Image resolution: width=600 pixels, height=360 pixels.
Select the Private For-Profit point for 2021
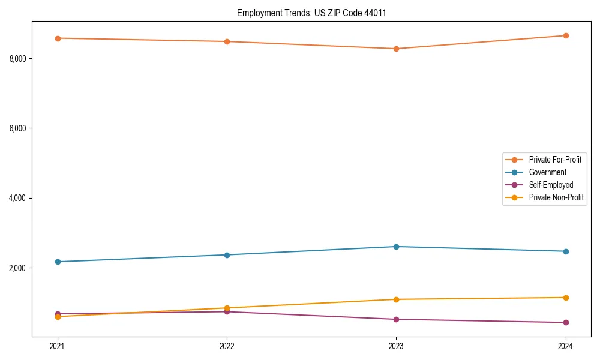58,38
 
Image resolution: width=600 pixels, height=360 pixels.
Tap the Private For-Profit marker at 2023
396,49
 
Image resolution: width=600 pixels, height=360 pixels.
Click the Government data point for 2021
58,262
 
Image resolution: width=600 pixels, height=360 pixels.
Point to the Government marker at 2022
227,255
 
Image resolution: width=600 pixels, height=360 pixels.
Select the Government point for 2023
396,247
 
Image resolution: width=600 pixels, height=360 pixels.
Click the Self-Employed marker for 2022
227,311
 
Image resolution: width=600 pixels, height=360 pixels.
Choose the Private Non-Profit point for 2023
396,299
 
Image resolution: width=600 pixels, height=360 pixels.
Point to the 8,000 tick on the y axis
17,58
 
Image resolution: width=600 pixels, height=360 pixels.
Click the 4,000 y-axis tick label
17,198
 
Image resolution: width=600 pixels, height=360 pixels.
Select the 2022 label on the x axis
227,346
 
